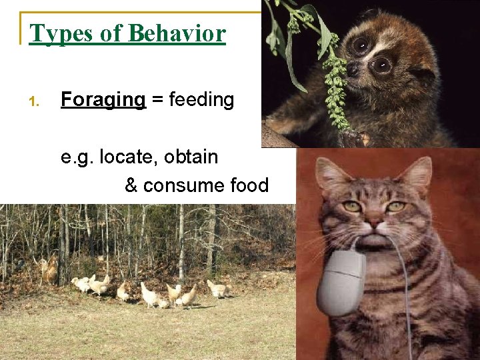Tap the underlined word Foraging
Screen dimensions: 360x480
(x=103, y=100)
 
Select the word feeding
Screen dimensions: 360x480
(x=201, y=100)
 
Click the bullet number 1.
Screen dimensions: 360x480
(x=35, y=102)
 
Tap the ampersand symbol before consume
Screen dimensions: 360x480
(x=131, y=185)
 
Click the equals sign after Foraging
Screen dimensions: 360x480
(x=157, y=101)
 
